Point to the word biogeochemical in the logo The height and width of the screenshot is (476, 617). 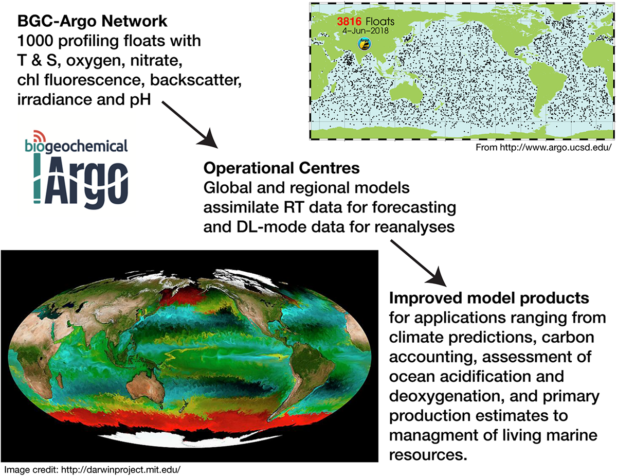pos(76,147)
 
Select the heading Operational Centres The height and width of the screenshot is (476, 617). pos(266,169)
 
